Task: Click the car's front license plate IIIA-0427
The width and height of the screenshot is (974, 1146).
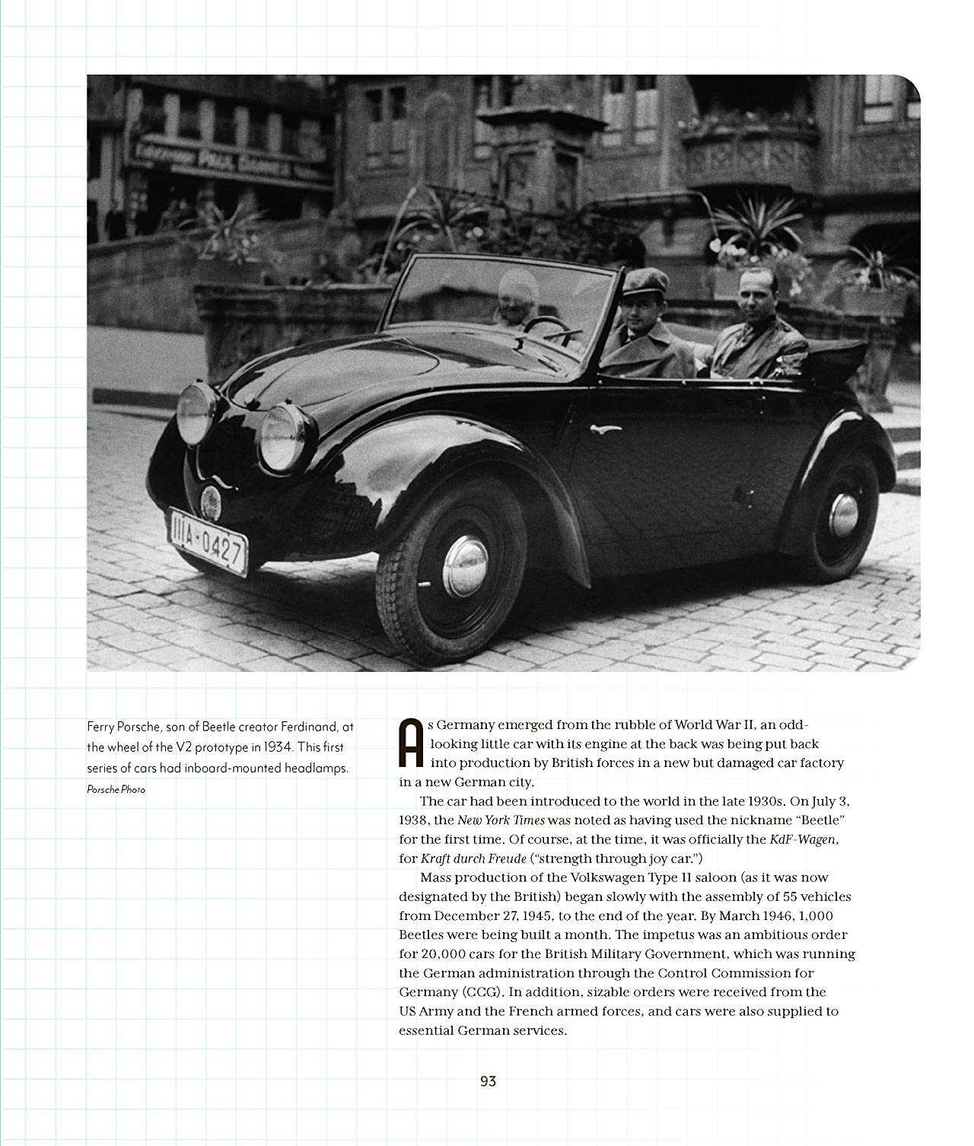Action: point(208,541)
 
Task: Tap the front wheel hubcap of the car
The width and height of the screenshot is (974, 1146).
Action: point(464,565)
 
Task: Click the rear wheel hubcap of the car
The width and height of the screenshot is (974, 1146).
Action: point(843,514)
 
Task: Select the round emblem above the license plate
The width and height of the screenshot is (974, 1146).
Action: point(210,500)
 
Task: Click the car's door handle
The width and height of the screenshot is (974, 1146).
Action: point(606,429)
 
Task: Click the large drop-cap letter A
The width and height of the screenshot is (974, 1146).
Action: point(411,743)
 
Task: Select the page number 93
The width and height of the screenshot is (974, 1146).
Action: point(488,1081)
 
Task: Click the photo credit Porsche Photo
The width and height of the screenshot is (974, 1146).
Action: point(116,790)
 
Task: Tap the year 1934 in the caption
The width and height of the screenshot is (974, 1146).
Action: point(279,747)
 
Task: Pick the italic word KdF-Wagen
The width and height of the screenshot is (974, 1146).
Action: point(803,839)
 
